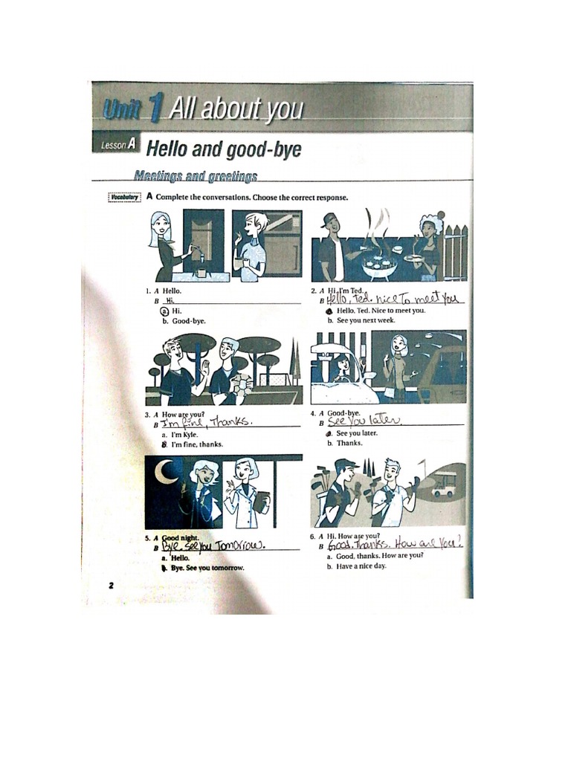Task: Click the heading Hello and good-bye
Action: tap(224, 149)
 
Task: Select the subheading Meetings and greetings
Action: tap(196, 176)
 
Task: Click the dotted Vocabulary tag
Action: tap(124, 197)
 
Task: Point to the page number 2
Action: tap(111, 586)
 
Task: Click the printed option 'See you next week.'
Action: tap(366, 321)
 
